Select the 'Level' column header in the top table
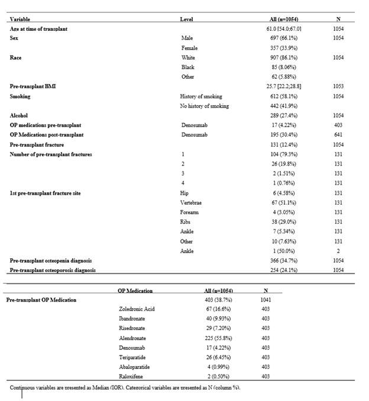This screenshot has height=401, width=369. click(x=186, y=20)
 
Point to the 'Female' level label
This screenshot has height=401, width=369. click(x=189, y=47)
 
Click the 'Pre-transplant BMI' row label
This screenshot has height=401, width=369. click(x=33, y=86)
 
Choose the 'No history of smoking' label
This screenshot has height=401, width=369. click(x=204, y=106)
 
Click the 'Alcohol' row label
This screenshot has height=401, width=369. click(x=19, y=115)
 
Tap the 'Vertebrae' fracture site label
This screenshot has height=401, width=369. click(x=191, y=202)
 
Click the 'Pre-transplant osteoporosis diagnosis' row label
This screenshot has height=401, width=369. click(x=53, y=270)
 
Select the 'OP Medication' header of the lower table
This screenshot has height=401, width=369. click(x=135, y=290)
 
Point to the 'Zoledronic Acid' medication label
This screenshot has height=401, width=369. click(x=137, y=309)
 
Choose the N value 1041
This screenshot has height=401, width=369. click(x=266, y=300)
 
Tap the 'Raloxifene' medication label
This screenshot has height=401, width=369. click(x=132, y=376)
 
